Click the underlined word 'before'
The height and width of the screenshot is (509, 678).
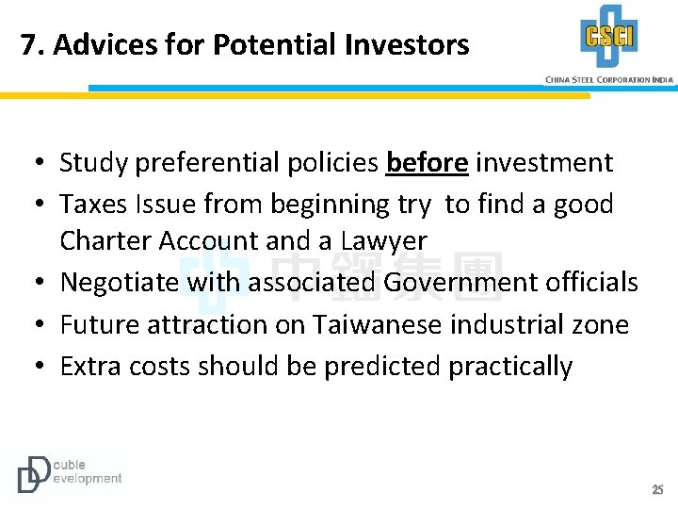[x=427, y=163]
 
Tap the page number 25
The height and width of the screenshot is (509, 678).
[x=657, y=489]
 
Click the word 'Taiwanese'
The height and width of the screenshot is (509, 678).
[x=375, y=325]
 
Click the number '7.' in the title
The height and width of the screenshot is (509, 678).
[x=33, y=44]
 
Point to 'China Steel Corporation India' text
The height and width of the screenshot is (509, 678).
[x=609, y=79]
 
